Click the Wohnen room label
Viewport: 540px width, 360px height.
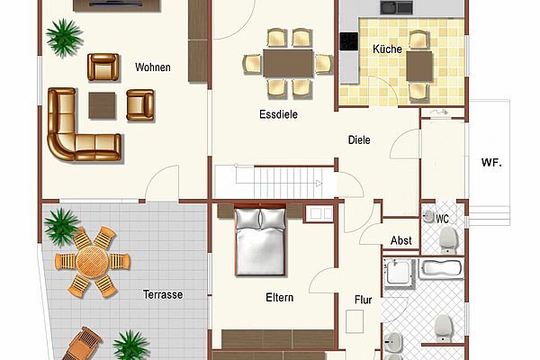(153, 67)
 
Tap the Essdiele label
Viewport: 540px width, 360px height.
(278, 114)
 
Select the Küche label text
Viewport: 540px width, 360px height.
(387, 49)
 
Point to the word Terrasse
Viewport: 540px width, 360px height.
(163, 294)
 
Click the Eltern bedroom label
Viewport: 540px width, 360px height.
(280, 298)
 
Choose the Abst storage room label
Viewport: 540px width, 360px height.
(400, 240)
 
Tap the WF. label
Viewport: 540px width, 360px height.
(491, 163)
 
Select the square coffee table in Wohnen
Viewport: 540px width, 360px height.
(102, 105)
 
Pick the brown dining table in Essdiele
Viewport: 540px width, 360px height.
(288, 63)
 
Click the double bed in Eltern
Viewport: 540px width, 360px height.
(260, 240)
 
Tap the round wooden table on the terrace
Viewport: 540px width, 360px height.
(93, 262)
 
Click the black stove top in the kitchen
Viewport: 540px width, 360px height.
(349, 41)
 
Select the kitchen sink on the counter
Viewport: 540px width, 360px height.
(396, 7)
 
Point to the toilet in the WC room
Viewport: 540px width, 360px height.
(448, 239)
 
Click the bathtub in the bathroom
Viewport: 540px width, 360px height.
(441, 269)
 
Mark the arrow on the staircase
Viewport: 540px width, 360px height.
(319, 184)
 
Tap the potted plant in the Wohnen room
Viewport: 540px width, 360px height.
(64, 37)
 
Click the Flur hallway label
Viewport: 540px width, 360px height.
(364, 300)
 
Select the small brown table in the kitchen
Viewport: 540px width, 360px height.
(419, 66)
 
